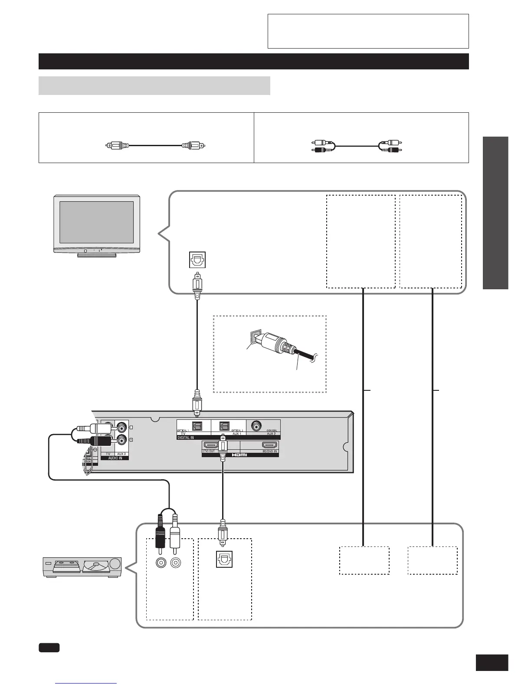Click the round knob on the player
(115, 564)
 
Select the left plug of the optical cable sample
(118, 146)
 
